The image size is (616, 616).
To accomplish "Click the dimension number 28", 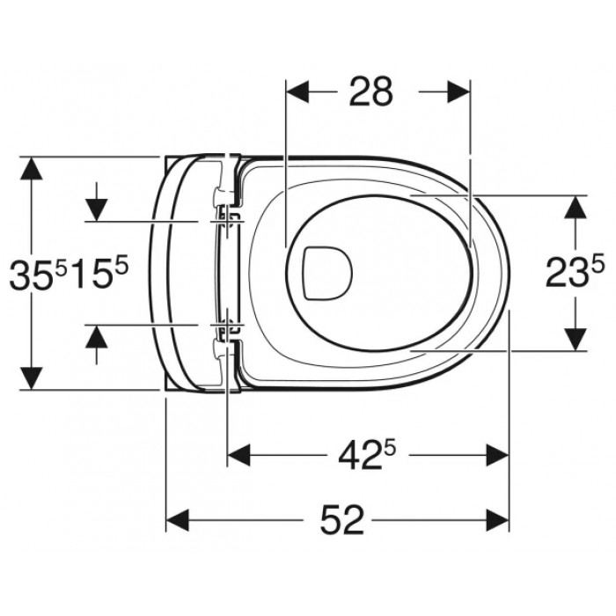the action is pos(370,92).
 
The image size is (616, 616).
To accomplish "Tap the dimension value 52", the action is pos(341,520).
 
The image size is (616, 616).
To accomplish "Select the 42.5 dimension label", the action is pos(366,456).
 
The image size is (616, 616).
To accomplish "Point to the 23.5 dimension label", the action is pos(575,272).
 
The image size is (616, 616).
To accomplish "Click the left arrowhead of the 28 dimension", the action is pos(297,92).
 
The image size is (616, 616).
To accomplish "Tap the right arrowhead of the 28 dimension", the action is pos(458,92).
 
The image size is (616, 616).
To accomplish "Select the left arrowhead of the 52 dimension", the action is pos(178,520).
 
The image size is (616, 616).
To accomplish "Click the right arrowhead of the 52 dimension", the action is pos(498,520).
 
